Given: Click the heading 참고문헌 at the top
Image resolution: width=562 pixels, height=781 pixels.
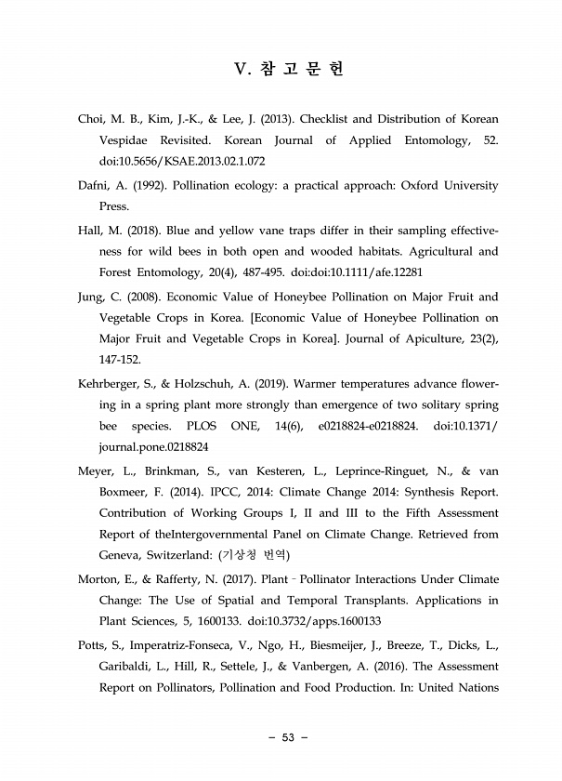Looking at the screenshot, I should coord(289,70).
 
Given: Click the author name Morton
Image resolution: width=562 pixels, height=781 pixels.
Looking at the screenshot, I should coord(98,580).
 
